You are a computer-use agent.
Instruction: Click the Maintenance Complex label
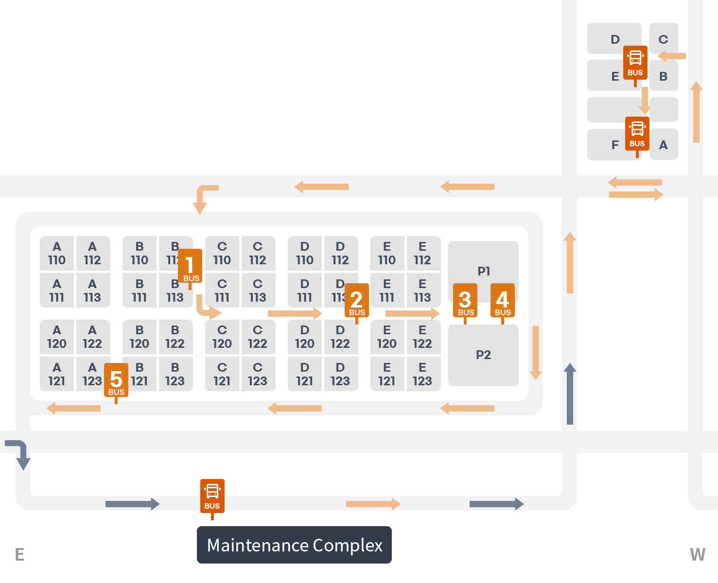pyautogui.click(x=294, y=545)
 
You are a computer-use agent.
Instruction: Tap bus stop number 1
pyautogui.click(x=190, y=266)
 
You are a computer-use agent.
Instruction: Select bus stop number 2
pyautogui.click(x=357, y=301)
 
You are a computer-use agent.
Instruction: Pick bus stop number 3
pyautogui.click(x=465, y=301)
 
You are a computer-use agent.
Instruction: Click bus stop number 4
pyautogui.click(x=503, y=301)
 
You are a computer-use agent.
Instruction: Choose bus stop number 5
pyautogui.click(x=116, y=380)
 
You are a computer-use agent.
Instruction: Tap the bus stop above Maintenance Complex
pyautogui.click(x=212, y=496)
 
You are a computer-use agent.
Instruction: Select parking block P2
pyautogui.click(x=483, y=355)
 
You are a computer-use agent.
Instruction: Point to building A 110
pyautogui.click(x=57, y=254)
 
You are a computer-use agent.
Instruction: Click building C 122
pyautogui.click(x=258, y=337)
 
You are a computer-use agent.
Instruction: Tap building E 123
pyautogui.click(x=422, y=375)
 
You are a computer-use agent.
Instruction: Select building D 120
pyautogui.click(x=305, y=337)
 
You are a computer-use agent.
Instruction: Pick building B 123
pyautogui.click(x=175, y=375)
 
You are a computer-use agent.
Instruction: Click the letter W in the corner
pyautogui.click(x=698, y=554)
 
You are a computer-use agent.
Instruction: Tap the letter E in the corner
pyautogui.click(x=19, y=554)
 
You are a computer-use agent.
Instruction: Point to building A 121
pyautogui.click(x=57, y=375)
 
